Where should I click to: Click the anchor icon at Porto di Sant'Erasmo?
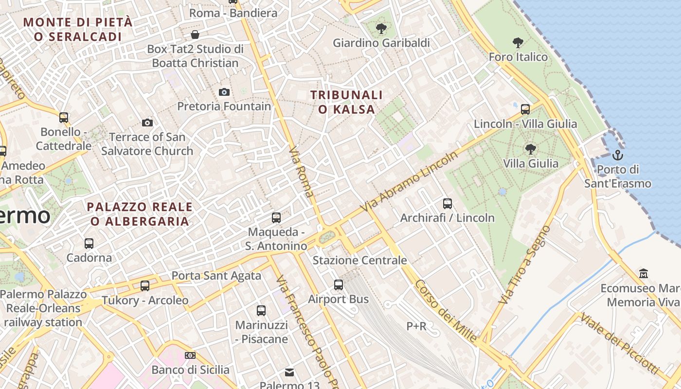617,155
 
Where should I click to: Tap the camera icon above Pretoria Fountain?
224,92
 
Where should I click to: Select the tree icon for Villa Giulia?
530,149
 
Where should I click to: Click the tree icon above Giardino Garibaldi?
381,29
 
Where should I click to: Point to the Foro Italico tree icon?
518,43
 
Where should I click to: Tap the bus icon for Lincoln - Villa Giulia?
525,109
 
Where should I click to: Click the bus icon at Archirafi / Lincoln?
447,203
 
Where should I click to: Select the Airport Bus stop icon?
338,285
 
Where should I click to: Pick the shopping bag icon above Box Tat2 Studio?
195,35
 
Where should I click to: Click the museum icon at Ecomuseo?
644,274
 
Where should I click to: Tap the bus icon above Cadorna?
89,243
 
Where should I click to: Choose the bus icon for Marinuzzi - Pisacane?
261,310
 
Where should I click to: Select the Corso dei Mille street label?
446,312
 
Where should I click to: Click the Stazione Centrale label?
359,260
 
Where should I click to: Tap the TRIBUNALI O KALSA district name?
346,102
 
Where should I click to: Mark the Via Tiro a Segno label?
524,265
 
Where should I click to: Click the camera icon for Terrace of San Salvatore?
147,123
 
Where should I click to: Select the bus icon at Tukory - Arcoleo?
144,286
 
